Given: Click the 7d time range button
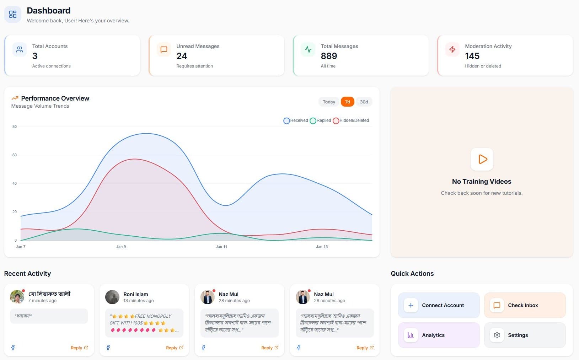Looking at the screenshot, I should (347, 102).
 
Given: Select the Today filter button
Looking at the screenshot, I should (329, 102).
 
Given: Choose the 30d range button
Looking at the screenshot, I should (364, 102).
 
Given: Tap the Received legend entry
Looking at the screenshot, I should (296, 121).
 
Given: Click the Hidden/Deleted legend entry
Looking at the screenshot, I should (351, 121).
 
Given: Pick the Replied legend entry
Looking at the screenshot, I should (320, 121).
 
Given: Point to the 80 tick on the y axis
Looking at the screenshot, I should (15, 127).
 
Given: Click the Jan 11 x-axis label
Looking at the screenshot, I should (221, 247).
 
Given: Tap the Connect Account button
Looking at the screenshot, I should (439, 305).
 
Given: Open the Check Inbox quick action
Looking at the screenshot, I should (525, 305).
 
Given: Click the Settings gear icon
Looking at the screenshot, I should (497, 335).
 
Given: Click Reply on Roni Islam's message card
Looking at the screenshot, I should (174, 348).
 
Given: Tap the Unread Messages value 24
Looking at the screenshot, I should (182, 56).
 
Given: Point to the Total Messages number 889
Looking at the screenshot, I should (329, 56).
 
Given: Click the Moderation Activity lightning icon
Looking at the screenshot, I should (452, 49).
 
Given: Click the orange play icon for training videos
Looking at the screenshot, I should (482, 159).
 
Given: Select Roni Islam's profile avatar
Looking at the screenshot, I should (112, 297).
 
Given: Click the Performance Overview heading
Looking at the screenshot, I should (55, 98).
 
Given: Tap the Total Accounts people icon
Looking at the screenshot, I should (20, 49).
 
